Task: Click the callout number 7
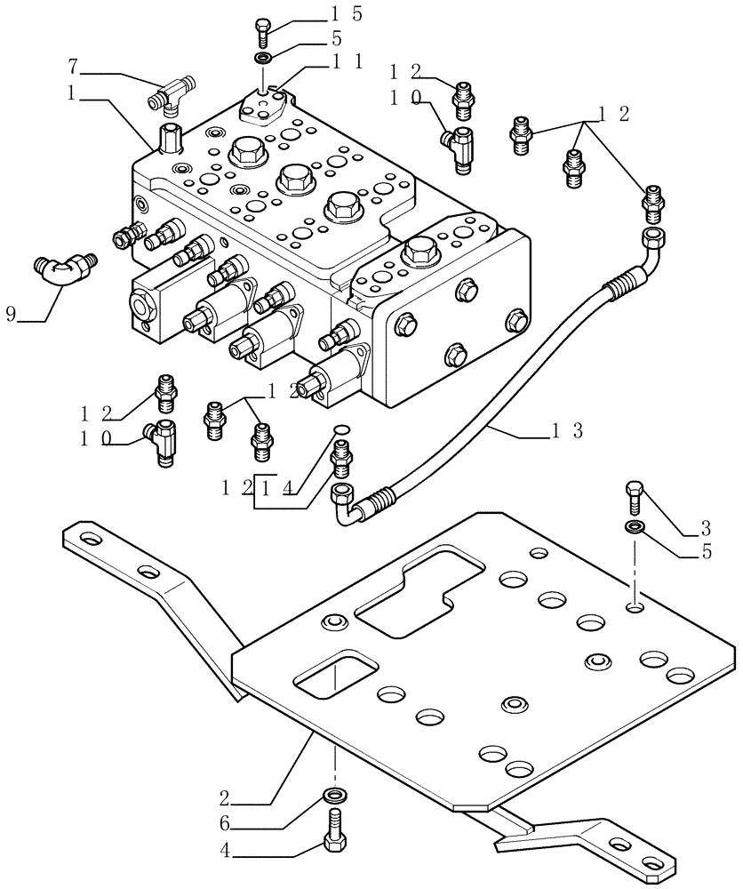(74, 67)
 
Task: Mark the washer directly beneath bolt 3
(634, 529)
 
